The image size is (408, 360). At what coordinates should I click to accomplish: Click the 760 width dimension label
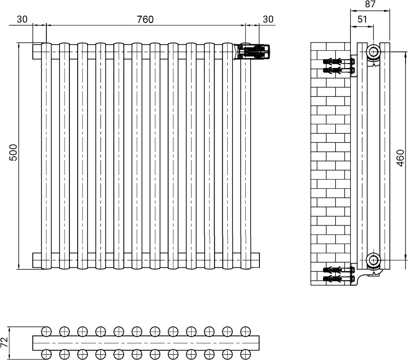[x=145, y=19]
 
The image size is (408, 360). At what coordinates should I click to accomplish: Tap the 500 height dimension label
[x=13, y=153]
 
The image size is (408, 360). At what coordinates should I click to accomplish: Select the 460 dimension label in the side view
[x=401, y=158]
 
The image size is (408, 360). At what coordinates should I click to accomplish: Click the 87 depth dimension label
[x=370, y=4]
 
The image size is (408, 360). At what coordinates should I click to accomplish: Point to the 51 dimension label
[x=362, y=19]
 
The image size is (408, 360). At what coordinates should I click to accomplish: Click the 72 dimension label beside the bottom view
[x=4, y=342]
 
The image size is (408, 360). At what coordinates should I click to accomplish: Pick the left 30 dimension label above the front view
[x=22, y=19]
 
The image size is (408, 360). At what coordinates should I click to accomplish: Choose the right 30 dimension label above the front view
[x=268, y=19]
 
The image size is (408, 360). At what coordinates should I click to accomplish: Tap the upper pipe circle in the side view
[x=374, y=52]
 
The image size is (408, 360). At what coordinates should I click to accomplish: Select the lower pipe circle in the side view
[x=374, y=260]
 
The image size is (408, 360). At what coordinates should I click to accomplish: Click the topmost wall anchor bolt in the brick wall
[x=339, y=62]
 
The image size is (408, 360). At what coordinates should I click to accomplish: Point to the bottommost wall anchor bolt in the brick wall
[x=339, y=279]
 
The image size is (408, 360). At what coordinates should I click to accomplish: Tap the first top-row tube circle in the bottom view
[x=46, y=331]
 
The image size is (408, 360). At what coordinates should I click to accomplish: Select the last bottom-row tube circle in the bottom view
[x=246, y=354]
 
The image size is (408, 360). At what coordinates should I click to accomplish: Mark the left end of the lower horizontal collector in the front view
[x=33, y=260]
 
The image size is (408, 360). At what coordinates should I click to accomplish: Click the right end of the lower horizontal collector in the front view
[x=258, y=260]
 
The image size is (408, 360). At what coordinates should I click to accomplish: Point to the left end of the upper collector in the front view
[x=33, y=52]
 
